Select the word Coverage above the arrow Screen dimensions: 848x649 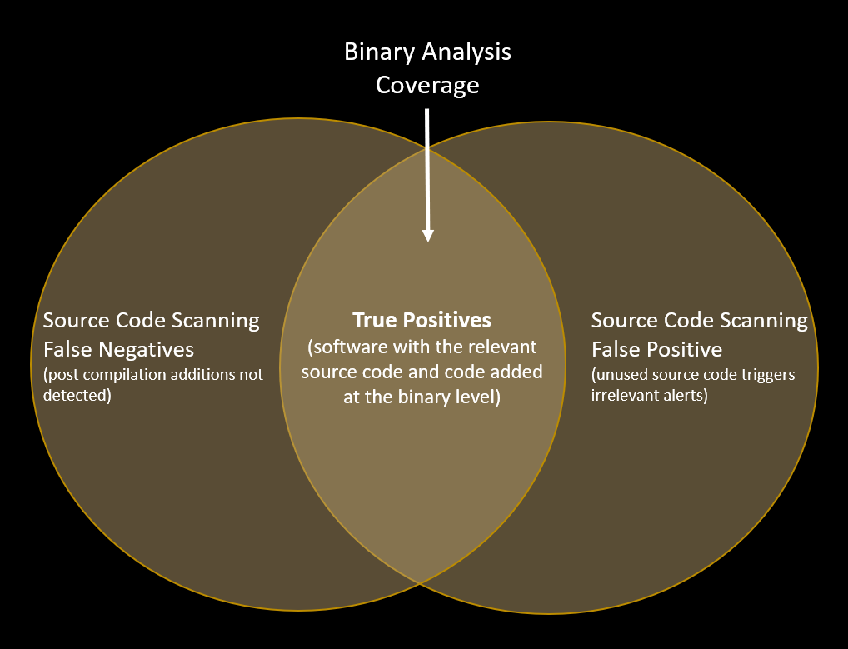point(427,86)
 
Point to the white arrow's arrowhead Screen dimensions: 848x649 point(428,235)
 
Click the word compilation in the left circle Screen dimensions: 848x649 point(126,376)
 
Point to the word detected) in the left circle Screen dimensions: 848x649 point(77,396)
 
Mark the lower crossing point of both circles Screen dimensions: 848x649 point(420,583)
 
